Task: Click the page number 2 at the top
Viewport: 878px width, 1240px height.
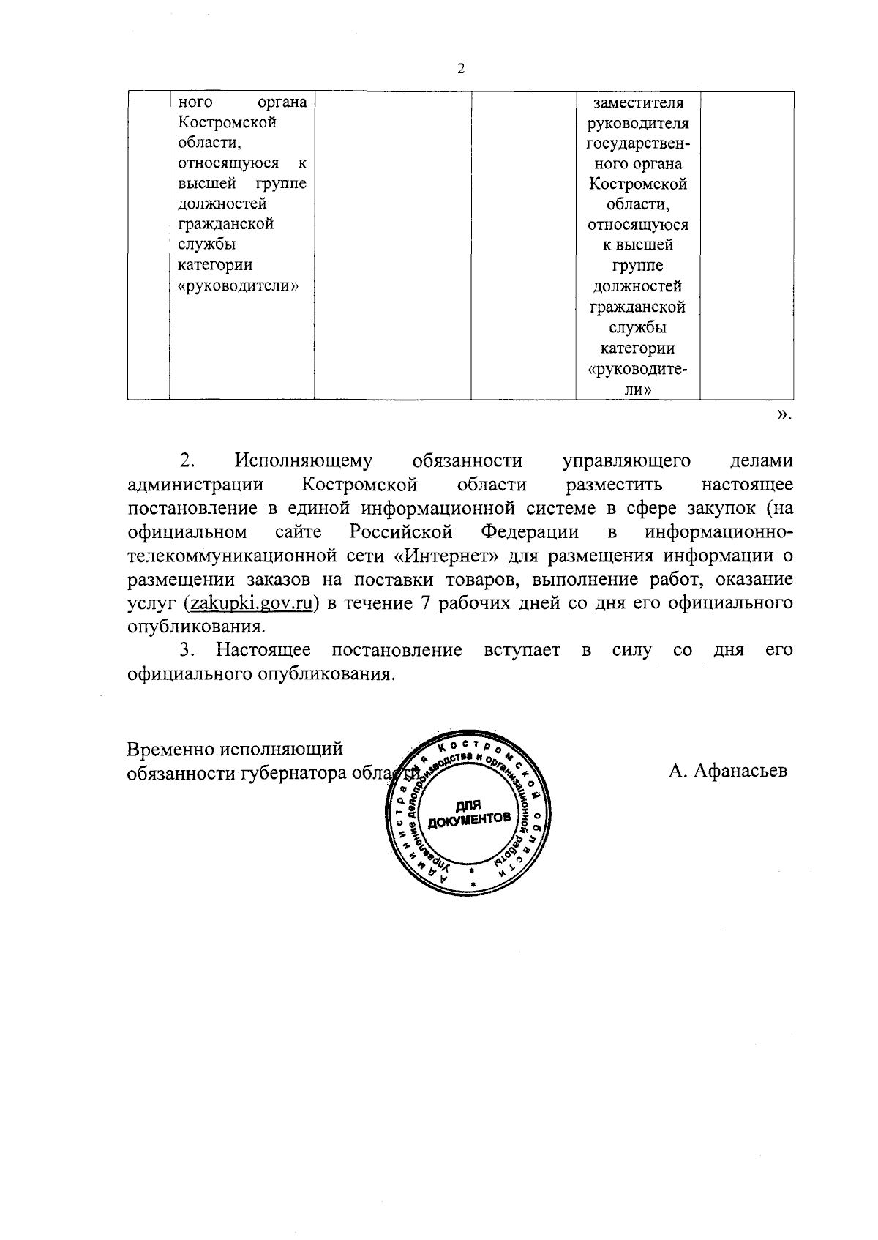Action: (460, 70)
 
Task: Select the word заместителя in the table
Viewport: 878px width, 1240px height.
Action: (638, 102)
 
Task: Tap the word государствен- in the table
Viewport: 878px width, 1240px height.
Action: (638, 143)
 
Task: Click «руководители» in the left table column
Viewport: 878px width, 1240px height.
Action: (239, 285)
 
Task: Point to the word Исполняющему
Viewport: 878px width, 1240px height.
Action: (304, 461)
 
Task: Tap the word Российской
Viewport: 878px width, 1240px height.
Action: (401, 531)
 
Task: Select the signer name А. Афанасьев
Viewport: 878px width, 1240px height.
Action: (727, 771)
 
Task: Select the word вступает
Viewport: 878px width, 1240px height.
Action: (522, 651)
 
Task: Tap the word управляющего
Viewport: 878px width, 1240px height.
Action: (626, 461)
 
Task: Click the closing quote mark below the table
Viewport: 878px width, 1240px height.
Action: (783, 416)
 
